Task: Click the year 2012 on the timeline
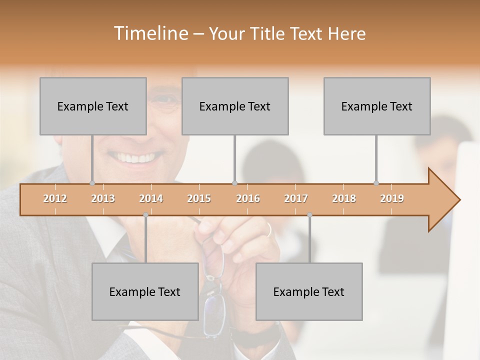click(x=55, y=198)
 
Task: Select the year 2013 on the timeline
click(x=103, y=198)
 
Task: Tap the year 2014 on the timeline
click(x=151, y=198)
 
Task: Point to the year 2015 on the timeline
click(x=199, y=198)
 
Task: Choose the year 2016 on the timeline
click(x=248, y=198)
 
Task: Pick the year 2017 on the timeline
click(x=296, y=198)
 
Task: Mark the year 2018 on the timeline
click(x=344, y=198)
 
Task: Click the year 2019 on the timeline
click(x=392, y=198)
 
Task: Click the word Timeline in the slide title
click(x=150, y=33)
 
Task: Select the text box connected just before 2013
click(x=93, y=106)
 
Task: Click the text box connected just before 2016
click(x=235, y=106)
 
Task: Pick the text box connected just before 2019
click(x=377, y=106)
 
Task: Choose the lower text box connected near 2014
click(x=145, y=291)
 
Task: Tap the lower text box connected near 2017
click(x=309, y=291)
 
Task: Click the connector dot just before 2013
click(x=92, y=183)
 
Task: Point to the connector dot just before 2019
click(x=376, y=183)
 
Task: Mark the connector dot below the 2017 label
click(x=309, y=215)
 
